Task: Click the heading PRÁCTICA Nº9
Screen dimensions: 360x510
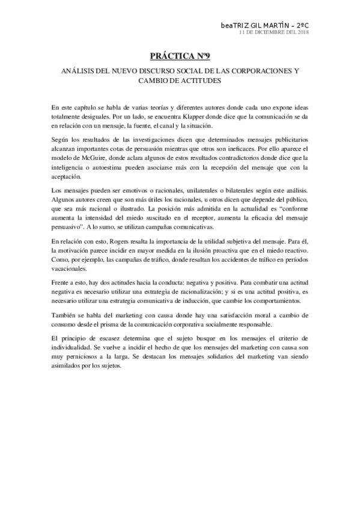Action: (x=180, y=57)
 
